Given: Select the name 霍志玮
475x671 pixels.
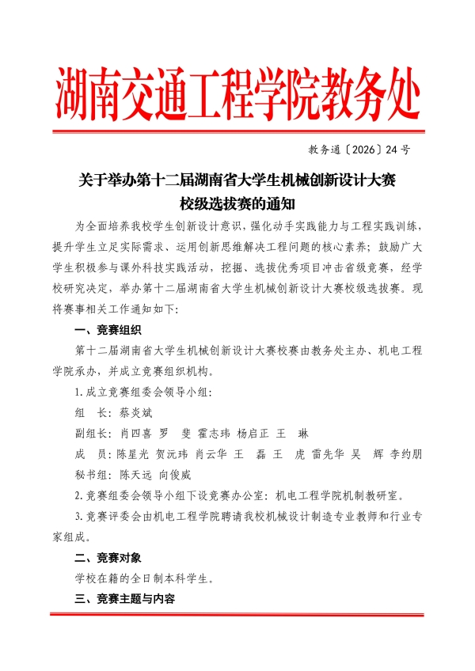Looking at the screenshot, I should click(222, 434).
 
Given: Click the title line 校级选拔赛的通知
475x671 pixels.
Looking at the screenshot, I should click(237, 203).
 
